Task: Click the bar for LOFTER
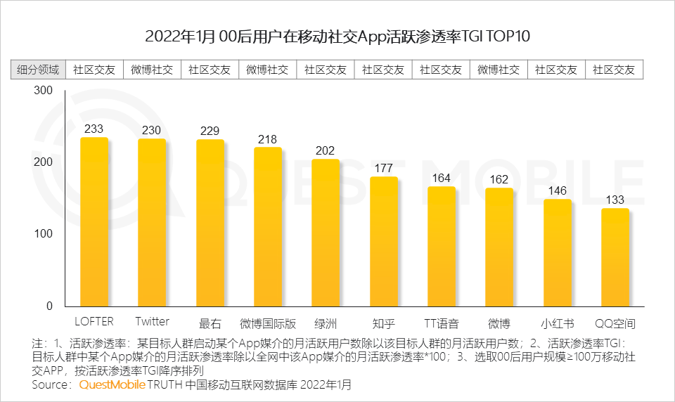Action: coord(94,221)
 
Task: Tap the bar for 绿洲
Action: coord(326,232)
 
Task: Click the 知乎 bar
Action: coord(384,241)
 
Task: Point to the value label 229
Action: coord(210,131)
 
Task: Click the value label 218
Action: coord(267,139)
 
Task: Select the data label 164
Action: coord(441,178)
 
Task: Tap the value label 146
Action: coord(557,190)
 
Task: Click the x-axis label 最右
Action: coord(210,323)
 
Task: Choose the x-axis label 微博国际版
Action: coord(267,323)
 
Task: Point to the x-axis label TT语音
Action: coord(441,323)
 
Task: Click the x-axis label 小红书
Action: coord(557,323)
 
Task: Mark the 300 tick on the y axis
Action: coord(43,91)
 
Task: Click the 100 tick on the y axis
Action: coord(43,234)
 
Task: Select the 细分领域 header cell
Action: coord(38,70)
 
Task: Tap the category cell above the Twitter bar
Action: coord(152,70)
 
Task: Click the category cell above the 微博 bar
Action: coord(499,70)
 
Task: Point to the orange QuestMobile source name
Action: coord(112,385)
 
